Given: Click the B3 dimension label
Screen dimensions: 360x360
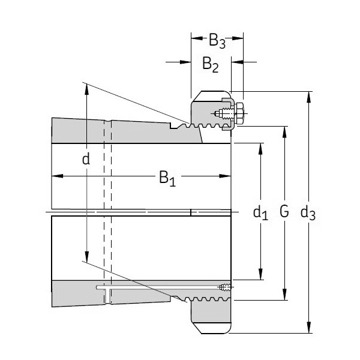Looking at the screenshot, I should pyautogui.click(x=217, y=41).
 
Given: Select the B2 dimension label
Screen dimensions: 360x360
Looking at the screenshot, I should pyautogui.click(x=210, y=64).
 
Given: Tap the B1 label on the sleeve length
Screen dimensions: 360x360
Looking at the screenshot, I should pyautogui.click(x=167, y=178).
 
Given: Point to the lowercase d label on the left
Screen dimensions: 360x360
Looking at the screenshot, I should pyautogui.click(x=86, y=159).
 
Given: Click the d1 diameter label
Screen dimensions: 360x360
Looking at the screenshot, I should pyautogui.click(x=259, y=212).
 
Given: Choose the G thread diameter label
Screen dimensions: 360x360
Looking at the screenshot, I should pyautogui.click(x=284, y=211).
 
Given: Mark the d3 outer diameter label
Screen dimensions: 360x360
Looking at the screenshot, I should pyautogui.click(x=307, y=212).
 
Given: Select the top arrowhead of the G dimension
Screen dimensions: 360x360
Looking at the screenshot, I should pyautogui.click(x=284, y=131).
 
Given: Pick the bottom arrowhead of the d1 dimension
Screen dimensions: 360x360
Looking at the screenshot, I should pyautogui.click(x=260, y=274).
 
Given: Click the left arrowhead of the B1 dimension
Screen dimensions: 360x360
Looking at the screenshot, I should pyautogui.click(x=57, y=176).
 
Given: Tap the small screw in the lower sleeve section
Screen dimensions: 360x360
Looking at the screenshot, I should pyautogui.click(x=224, y=287).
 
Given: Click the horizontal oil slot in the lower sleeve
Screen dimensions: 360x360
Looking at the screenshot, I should pyautogui.click(x=138, y=290).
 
